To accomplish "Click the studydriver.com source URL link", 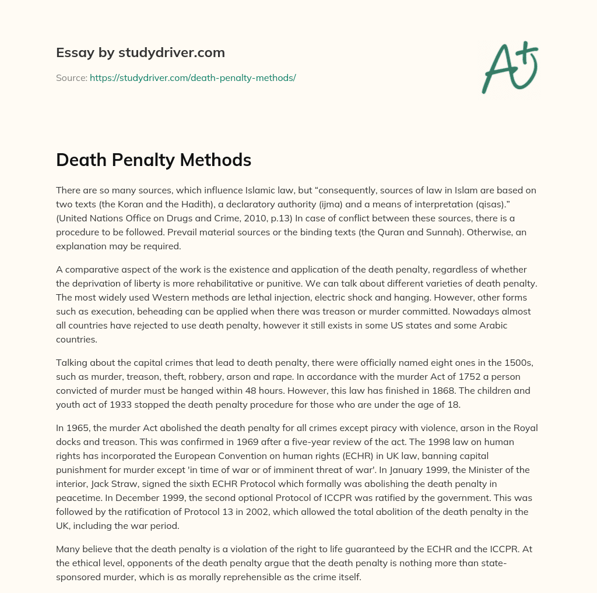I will pyautogui.click(x=192, y=77).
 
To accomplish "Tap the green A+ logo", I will pyautogui.click(x=509, y=67).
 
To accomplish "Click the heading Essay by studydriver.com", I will pyautogui.click(x=141, y=52).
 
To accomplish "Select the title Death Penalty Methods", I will pyautogui.click(x=153, y=160).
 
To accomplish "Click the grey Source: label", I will pyautogui.click(x=71, y=77).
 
